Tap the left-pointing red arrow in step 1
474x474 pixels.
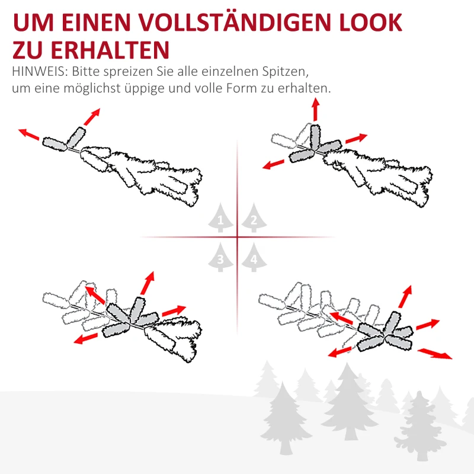click(x=28, y=134)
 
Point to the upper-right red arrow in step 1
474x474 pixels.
click(x=92, y=117)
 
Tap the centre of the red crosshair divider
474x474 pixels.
click(x=237, y=238)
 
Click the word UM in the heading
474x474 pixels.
click(x=31, y=23)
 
